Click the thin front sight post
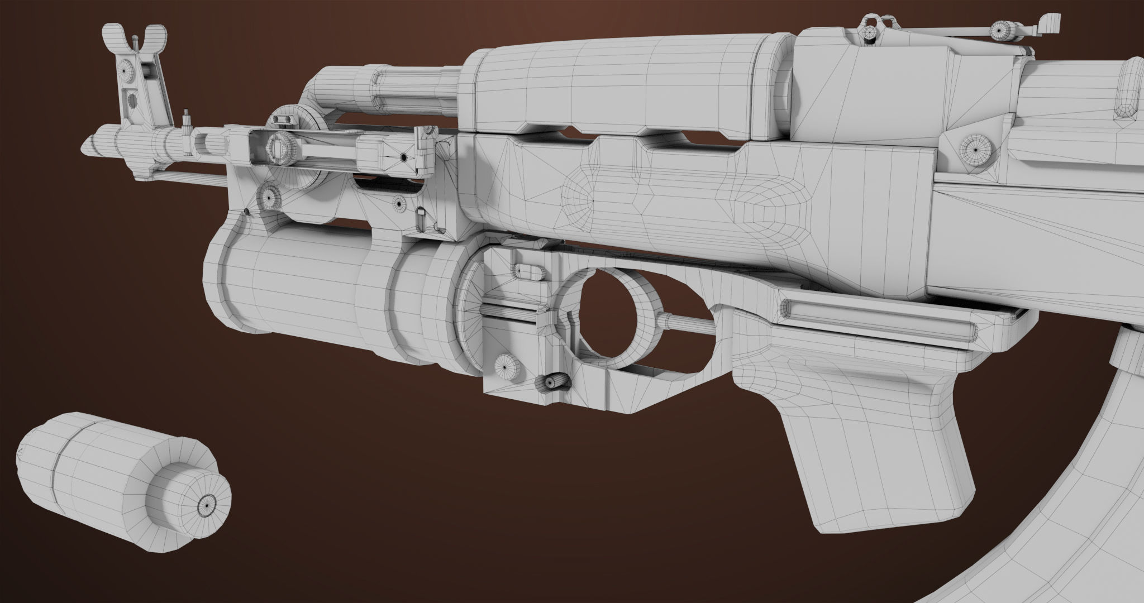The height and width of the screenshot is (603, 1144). [x=136, y=44]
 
